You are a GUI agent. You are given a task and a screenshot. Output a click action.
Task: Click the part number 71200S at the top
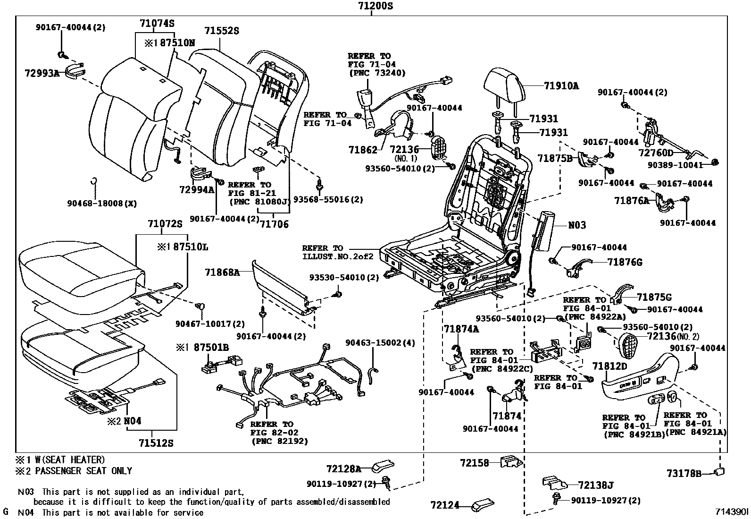371,6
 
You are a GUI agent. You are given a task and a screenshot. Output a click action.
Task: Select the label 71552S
222,31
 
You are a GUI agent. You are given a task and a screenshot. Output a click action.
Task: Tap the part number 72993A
42,73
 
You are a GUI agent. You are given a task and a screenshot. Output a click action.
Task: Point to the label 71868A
222,272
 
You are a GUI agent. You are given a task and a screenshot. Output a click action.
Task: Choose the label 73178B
684,473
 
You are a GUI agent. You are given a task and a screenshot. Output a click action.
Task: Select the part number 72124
444,506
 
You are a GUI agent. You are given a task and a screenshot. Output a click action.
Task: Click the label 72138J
596,485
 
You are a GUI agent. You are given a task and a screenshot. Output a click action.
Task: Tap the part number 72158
474,463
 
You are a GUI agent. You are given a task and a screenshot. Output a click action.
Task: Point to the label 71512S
156,443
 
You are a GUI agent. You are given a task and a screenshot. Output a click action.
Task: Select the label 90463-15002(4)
380,342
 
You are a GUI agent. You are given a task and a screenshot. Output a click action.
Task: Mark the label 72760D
656,153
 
